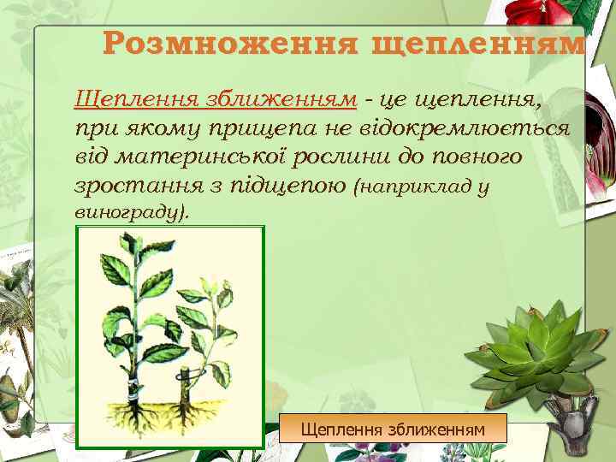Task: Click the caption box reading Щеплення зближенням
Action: (393, 427)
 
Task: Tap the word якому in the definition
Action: (167, 129)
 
